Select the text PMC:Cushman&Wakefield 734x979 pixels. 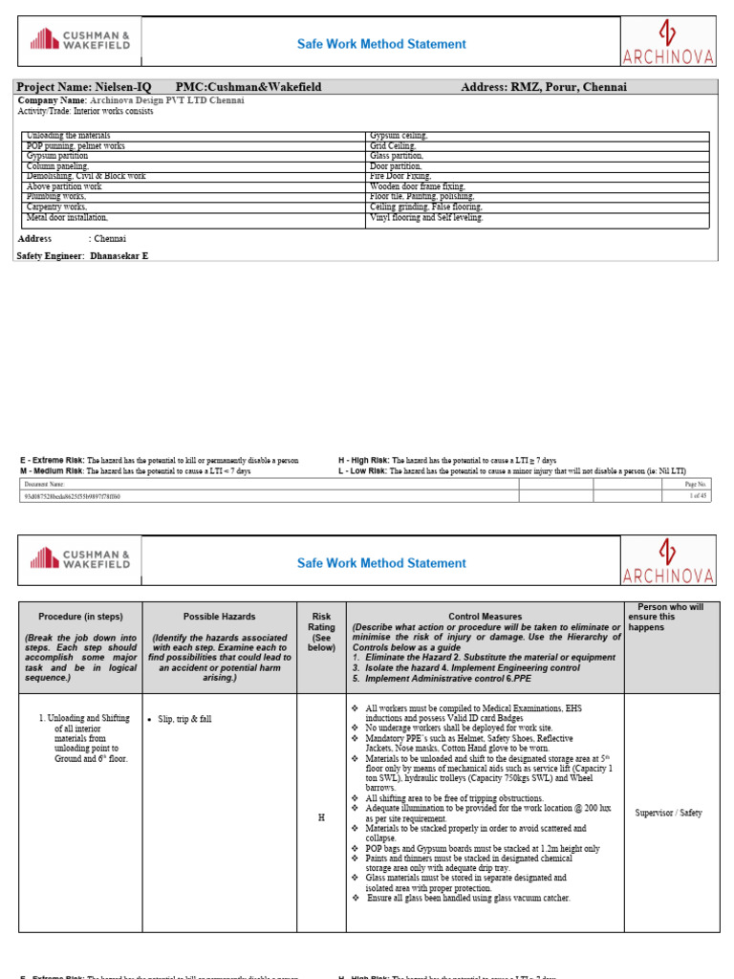point(248,87)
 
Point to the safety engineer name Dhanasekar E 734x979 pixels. point(119,256)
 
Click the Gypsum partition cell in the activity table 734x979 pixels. point(57,156)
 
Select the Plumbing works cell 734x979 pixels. point(56,196)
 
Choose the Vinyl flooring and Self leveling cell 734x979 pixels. point(426,217)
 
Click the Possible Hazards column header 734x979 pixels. point(219,617)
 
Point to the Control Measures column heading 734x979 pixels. point(486,617)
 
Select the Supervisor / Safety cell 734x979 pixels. point(668,813)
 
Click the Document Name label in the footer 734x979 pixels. point(44,485)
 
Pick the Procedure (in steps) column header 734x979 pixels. point(80,617)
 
